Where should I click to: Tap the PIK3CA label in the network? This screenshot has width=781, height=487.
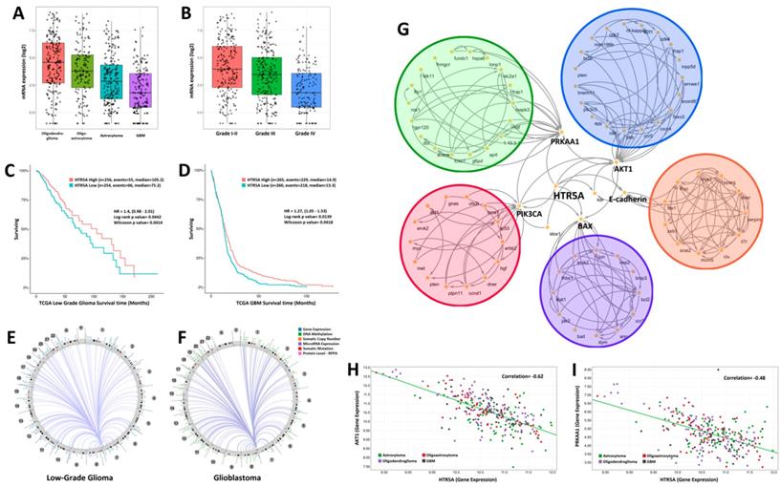pos(533,216)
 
